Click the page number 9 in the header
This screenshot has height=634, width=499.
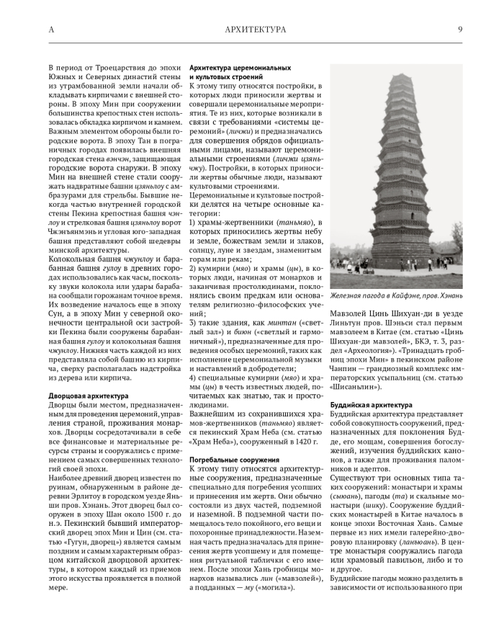[x=460, y=30]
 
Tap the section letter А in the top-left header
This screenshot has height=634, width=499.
[x=50, y=30]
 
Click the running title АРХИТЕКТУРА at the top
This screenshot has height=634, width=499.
[x=256, y=30]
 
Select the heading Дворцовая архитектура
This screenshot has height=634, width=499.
[x=89, y=396]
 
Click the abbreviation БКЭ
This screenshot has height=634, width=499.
[x=414, y=341]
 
